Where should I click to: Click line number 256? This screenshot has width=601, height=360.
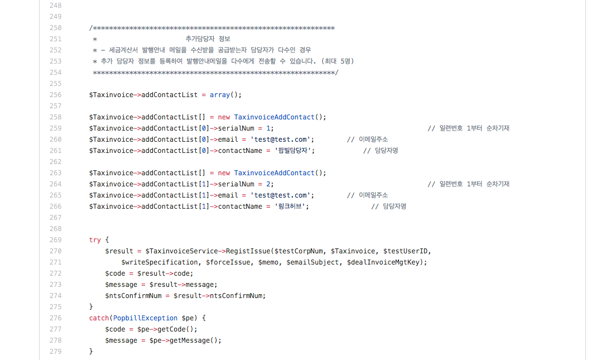55,95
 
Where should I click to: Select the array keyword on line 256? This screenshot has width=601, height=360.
220,95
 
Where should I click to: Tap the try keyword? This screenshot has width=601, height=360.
95,240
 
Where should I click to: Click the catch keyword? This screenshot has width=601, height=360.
99,318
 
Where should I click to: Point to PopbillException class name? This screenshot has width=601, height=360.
145,318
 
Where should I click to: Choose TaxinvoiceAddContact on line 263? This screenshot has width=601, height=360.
275,173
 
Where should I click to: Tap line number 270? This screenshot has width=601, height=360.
55,251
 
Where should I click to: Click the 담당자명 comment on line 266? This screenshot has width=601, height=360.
394,207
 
